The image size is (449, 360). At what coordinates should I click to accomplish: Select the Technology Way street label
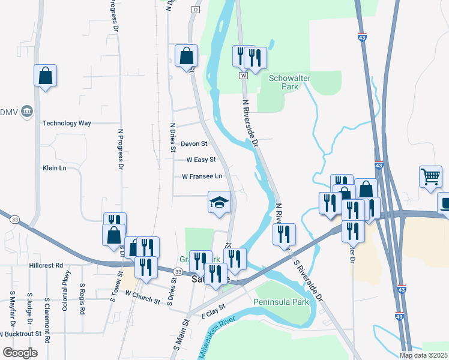(x=67, y=123)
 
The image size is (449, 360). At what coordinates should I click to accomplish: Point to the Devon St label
(x=194, y=144)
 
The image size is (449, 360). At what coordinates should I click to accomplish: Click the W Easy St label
(x=200, y=160)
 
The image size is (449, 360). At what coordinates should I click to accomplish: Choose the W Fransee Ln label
(x=202, y=176)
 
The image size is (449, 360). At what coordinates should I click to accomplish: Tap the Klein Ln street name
(x=54, y=168)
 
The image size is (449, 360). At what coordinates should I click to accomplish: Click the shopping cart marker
(x=430, y=176)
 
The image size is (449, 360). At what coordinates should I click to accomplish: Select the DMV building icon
(x=26, y=112)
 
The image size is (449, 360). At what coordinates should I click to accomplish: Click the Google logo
(x=20, y=352)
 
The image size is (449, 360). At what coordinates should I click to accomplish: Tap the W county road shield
(x=243, y=76)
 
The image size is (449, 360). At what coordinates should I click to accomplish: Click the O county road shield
(x=195, y=10)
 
